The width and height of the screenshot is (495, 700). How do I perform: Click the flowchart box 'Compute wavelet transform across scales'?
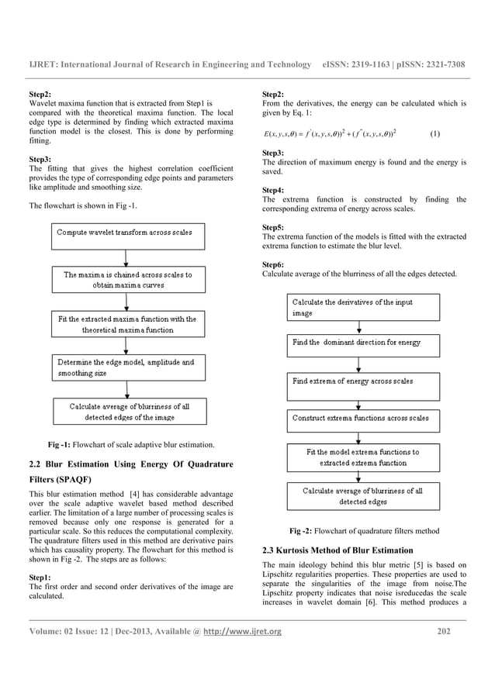[x=123, y=233]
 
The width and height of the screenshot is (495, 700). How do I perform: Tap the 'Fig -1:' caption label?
[x=64, y=444]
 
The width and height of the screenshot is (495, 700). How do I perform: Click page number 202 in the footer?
[x=444, y=632]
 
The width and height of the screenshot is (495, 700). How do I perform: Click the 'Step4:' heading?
[x=273, y=190]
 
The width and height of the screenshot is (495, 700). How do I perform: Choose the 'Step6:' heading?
[x=273, y=264]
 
